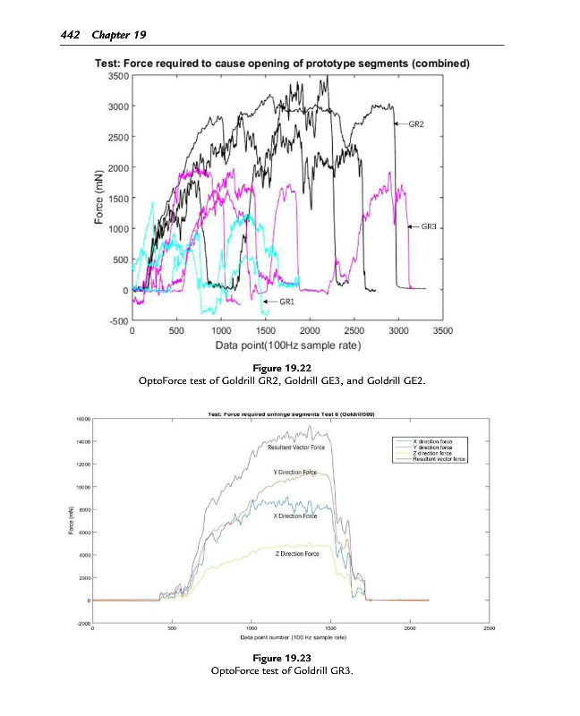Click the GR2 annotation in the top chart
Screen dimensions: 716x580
[x=416, y=124]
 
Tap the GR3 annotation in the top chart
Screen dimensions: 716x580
[x=428, y=227]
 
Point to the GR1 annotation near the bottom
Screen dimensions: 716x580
[x=288, y=303]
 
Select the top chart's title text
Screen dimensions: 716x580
[x=283, y=63]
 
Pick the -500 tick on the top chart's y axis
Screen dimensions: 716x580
[x=118, y=321]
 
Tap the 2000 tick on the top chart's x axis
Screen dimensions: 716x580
[x=309, y=330]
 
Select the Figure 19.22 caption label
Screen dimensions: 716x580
[x=289, y=368]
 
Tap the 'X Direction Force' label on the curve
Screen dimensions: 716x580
[x=294, y=516]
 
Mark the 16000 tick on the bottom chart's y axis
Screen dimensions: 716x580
[x=82, y=418]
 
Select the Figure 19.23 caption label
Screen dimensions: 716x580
[x=289, y=658]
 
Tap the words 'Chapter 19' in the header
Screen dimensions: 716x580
[x=117, y=35]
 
